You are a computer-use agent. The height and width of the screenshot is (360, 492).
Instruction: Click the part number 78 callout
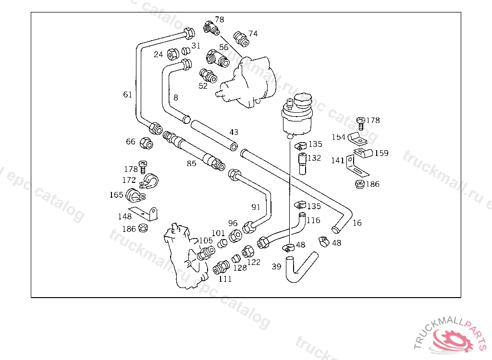tap(220, 20)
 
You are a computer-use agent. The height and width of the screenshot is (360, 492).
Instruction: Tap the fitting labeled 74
tap(241, 39)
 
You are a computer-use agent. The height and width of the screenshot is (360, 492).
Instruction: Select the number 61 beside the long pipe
tap(127, 95)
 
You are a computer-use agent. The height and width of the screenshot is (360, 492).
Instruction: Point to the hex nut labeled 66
tap(146, 143)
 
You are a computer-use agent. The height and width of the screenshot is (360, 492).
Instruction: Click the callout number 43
tap(234, 132)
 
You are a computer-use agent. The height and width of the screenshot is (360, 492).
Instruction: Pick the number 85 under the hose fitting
tap(192, 163)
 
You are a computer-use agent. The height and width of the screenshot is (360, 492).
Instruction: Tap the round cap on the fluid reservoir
tap(301, 101)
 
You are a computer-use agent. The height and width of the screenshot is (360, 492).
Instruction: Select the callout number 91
tap(256, 207)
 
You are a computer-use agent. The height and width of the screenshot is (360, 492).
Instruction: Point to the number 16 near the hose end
tap(357, 223)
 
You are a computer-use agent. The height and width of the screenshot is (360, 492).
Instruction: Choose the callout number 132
tap(314, 158)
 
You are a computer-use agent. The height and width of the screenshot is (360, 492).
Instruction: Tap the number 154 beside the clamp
tap(338, 137)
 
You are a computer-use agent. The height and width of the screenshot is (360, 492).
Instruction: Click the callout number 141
tap(338, 160)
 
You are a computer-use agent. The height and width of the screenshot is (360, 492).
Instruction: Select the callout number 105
tap(206, 240)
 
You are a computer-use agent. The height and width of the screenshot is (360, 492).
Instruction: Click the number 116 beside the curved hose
tap(313, 220)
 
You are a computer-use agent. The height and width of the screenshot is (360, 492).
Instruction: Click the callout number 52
tap(203, 86)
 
